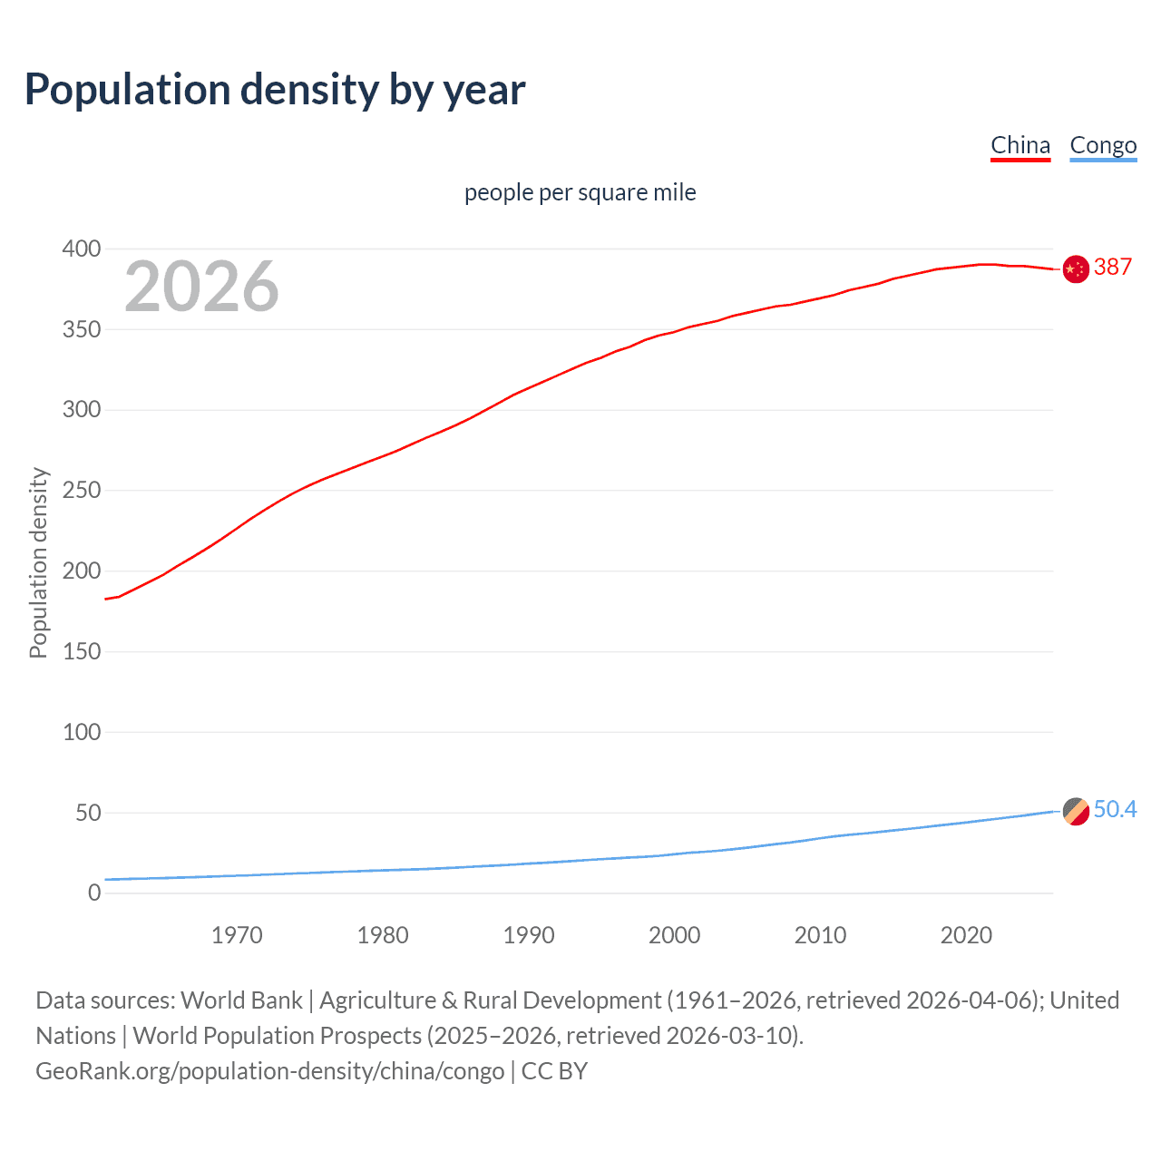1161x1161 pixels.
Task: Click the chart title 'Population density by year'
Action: (x=275, y=90)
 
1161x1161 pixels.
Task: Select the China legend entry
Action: (x=1020, y=145)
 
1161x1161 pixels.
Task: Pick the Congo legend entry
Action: (x=1103, y=145)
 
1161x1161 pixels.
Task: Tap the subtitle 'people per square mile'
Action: (x=580, y=192)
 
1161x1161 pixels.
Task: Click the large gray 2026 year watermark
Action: (x=201, y=287)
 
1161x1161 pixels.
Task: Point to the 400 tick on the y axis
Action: (x=82, y=249)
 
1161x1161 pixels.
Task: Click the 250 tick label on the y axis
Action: (x=82, y=491)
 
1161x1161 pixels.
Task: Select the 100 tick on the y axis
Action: (x=82, y=732)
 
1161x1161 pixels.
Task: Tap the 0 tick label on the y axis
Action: (x=94, y=893)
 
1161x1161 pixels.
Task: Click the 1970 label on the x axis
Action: (x=237, y=935)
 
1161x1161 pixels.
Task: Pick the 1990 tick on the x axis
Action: (x=529, y=935)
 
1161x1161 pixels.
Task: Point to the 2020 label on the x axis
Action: (x=966, y=935)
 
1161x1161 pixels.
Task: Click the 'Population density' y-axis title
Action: (x=38, y=562)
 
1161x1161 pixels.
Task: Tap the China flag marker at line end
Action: (x=1076, y=269)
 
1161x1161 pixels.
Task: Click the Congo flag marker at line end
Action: (x=1076, y=811)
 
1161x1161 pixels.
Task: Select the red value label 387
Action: (x=1113, y=267)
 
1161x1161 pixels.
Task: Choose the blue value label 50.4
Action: (x=1115, y=809)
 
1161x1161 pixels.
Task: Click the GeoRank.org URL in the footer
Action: (x=269, y=1071)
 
